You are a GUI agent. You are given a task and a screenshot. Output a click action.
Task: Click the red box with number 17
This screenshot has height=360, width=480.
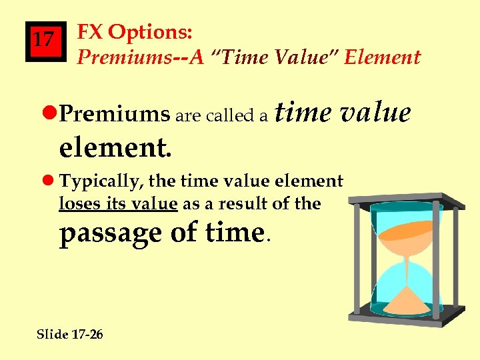point(45,41)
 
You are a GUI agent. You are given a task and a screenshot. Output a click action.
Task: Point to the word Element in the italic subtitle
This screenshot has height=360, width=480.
point(383,57)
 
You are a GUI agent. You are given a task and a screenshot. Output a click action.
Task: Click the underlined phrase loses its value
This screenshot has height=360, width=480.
point(118,203)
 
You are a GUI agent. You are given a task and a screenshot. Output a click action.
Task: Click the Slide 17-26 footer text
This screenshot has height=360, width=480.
point(69,334)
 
